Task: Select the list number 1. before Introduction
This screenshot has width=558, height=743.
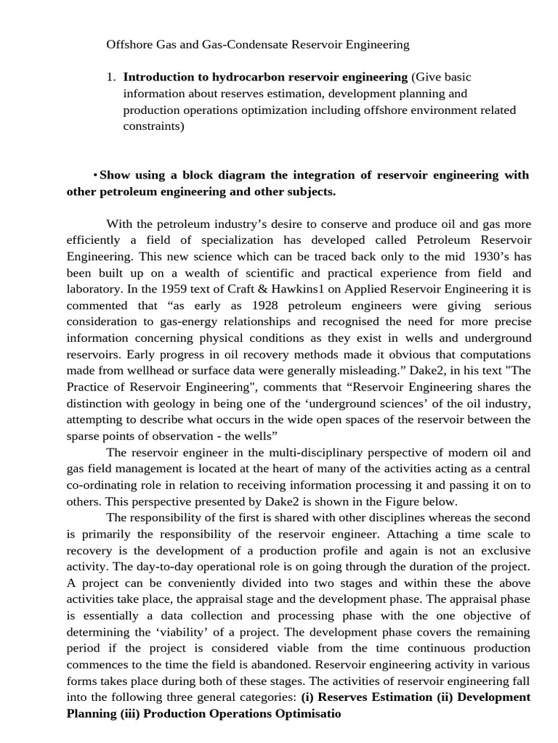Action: (x=110, y=77)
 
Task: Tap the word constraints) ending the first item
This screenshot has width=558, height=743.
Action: (x=153, y=126)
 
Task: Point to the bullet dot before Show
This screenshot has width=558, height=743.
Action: (x=95, y=176)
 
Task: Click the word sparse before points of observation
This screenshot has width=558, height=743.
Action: (x=84, y=435)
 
